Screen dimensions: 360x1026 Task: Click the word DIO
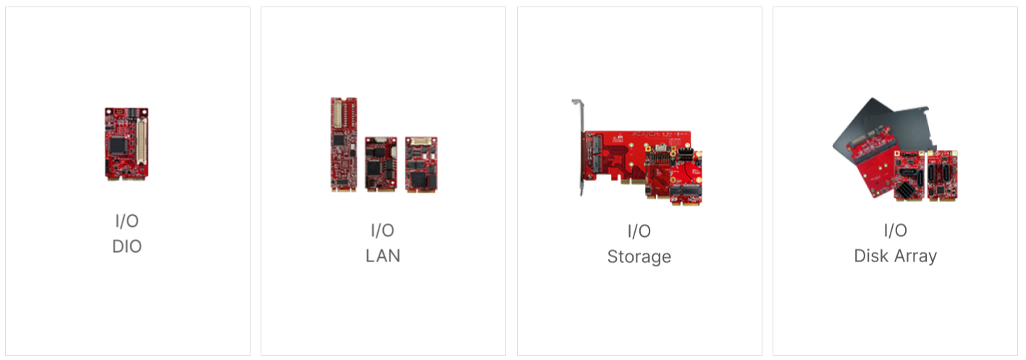pos(127,246)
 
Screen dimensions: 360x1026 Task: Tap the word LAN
pos(382,256)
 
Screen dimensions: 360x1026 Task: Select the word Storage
pos(639,256)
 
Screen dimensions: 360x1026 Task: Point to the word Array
pos(916,256)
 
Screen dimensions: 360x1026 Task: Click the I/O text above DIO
pos(127,222)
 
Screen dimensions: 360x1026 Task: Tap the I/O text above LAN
pos(382,231)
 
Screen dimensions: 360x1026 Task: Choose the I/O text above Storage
pos(639,231)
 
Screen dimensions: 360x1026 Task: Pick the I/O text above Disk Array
pos(895,231)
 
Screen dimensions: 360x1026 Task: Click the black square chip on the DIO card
pos(118,145)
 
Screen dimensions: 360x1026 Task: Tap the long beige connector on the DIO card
pos(141,143)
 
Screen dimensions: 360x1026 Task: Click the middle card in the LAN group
pos(380,164)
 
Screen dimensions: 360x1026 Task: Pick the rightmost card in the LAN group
pos(421,164)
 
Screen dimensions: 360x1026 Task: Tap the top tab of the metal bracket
pos(577,103)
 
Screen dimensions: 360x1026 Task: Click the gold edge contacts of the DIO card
pos(127,176)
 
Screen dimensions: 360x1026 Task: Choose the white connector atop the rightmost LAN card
pos(422,141)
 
